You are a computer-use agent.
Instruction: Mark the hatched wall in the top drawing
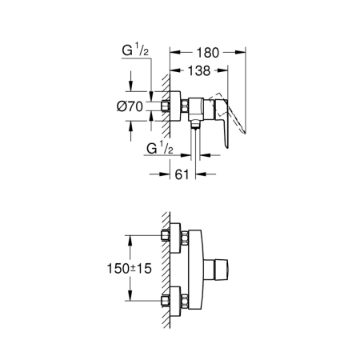click(x=163, y=96)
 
